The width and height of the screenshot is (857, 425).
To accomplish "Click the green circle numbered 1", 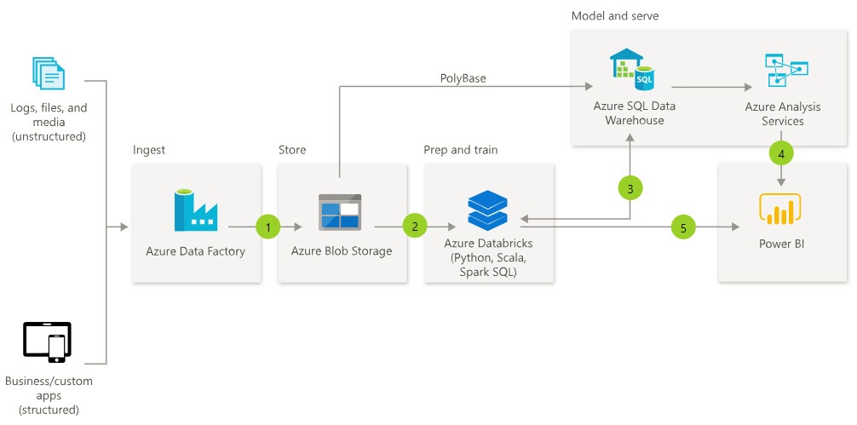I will pyautogui.click(x=267, y=227).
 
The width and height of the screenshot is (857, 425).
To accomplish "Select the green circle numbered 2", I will pyautogui.click(x=414, y=227).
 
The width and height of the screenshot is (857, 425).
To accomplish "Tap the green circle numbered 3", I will pyautogui.click(x=630, y=189).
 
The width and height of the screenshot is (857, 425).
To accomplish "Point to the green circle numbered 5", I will pyautogui.click(x=682, y=227).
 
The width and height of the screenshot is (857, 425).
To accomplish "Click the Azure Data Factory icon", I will pyautogui.click(x=195, y=210).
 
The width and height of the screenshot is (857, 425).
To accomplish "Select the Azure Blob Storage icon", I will pyautogui.click(x=340, y=212).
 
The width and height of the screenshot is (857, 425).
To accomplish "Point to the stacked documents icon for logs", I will pyautogui.click(x=48, y=73).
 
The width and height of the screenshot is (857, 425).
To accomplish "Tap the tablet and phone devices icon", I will pyautogui.click(x=47, y=342).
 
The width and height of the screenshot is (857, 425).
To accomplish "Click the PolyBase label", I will pyautogui.click(x=463, y=78).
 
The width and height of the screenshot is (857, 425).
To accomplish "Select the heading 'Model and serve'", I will pyautogui.click(x=614, y=16).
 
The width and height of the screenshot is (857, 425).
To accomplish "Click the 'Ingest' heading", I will pyautogui.click(x=149, y=150).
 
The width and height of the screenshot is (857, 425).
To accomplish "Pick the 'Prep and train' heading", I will pyautogui.click(x=460, y=150).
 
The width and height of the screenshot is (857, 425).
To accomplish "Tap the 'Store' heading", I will pyautogui.click(x=292, y=150).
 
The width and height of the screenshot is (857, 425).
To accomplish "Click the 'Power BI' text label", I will pyautogui.click(x=780, y=244).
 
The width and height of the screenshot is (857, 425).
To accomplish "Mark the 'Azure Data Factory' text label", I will pyautogui.click(x=195, y=251).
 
